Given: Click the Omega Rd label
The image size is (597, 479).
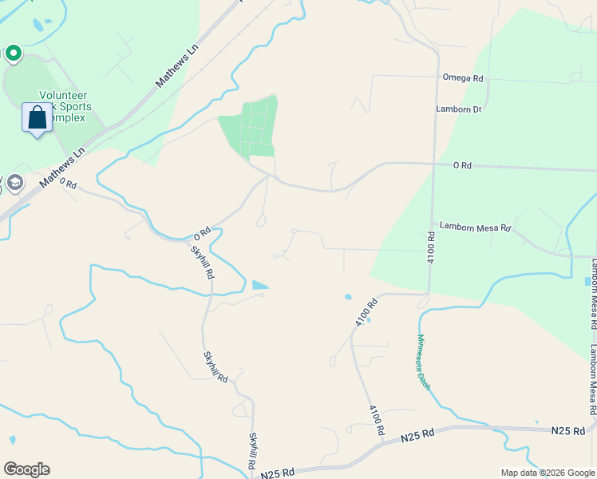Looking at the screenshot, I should click(464, 78).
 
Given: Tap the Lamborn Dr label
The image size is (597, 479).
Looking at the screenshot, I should click(459, 109).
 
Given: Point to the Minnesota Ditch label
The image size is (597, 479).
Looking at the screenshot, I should click(423, 362).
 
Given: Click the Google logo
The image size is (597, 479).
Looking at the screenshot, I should click(26, 469).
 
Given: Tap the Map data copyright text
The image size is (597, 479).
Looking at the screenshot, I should click(547, 473).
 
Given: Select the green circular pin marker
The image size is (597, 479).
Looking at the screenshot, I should click(13, 53).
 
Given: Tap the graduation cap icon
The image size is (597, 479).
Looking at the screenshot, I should click(14, 184).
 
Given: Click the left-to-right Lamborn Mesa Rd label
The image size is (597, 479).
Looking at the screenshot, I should click(475, 227).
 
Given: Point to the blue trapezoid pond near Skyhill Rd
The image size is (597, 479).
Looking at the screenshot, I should click(259, 284).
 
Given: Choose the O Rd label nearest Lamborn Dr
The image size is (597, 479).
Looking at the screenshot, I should click(462, 165).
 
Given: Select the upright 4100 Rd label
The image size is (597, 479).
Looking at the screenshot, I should click(430, 247).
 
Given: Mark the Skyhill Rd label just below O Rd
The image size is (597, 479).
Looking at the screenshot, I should click(202, 261).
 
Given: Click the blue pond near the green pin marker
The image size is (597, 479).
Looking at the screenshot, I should click(38, 26).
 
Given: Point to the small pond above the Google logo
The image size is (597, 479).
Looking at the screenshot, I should click(12, 440).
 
